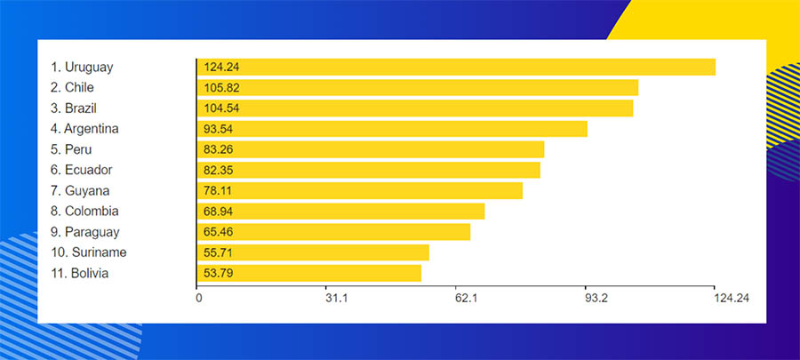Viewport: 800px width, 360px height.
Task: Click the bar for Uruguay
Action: pos(456,67)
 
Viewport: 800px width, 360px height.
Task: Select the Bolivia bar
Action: pos(309,273)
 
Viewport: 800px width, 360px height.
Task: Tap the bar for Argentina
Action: pos(392,129)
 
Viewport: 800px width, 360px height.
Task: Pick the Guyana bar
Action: pos(360,190)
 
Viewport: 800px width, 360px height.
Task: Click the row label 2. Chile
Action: pos(73,87)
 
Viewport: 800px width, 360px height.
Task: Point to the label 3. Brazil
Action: pos(74,108)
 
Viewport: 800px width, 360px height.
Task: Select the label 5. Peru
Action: pos(71,149)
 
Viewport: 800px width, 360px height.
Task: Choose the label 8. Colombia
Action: pos(85,212)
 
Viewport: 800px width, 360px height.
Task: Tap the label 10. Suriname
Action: pos(88,252)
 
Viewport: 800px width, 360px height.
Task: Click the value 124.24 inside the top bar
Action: pos(221,67)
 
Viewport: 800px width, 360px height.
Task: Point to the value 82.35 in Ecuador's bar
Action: pos(219,170)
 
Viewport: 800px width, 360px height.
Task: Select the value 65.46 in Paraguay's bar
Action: pos(219,232)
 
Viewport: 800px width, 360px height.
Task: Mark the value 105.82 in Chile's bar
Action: pos(221,88)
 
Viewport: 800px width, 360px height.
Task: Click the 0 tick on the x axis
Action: pos(198,299)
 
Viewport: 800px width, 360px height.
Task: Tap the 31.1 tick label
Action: pos(336,299)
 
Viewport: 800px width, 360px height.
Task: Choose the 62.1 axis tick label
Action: pos(467,299)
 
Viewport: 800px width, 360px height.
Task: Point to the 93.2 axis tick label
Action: pos(596,299)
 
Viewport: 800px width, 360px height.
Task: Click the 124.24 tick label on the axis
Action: pos(731,299)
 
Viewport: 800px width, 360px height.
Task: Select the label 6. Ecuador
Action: pos(82,170)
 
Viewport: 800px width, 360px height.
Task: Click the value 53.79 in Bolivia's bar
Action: pos(219,273)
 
